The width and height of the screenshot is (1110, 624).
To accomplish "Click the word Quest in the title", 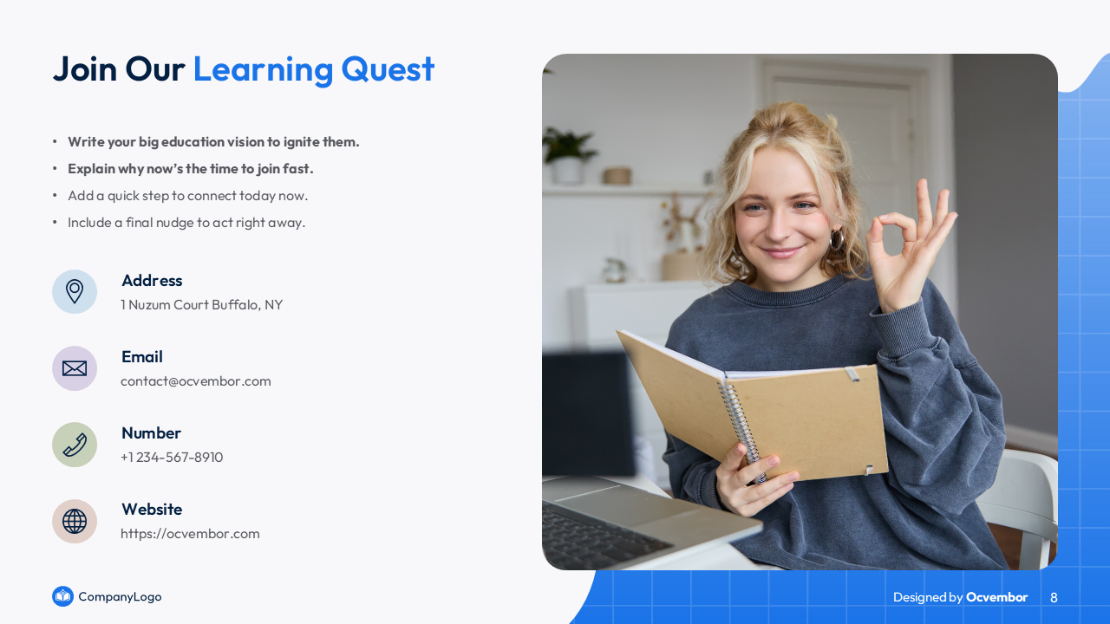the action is (x=388, y=70).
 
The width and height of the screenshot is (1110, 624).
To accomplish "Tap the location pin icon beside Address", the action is (x=75, y=292).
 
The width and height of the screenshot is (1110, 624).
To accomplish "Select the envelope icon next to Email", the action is (x=75, y=368).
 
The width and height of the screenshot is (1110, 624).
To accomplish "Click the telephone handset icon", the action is (x=75, y=445).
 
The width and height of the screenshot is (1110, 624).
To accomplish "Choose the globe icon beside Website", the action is (x=75, y=521).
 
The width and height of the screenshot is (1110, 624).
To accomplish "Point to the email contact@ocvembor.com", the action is (x=196, y=381).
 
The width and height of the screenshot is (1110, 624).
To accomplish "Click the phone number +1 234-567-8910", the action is (x=172, y=457).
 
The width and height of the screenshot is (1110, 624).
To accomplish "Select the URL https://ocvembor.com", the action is (x=190, y=533).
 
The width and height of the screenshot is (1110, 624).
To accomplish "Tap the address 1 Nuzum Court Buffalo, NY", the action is (x=202, y=304).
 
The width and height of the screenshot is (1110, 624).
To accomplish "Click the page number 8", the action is (x=1054, y=597).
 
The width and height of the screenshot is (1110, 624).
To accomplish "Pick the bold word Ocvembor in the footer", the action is (x=996, y=597).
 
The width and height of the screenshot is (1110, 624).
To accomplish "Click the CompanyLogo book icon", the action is (x=63, y=596).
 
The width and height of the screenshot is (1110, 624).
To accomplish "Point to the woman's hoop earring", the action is (x=837, y=240).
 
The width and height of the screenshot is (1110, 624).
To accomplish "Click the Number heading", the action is (x=151, y=432).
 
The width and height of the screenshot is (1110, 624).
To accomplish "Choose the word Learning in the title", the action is (x=263, y=70).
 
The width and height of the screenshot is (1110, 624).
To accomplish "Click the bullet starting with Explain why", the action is (x=191, y=169).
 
